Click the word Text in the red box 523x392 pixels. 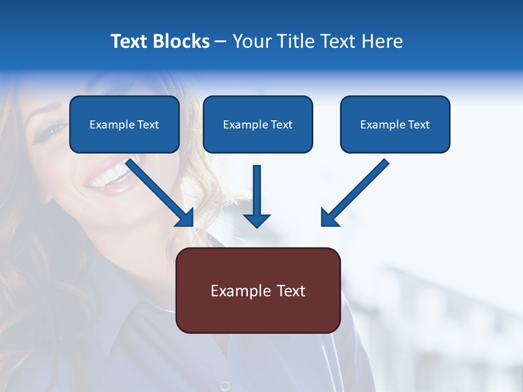290,291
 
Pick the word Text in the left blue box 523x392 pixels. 148,125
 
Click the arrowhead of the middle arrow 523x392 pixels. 257,220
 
